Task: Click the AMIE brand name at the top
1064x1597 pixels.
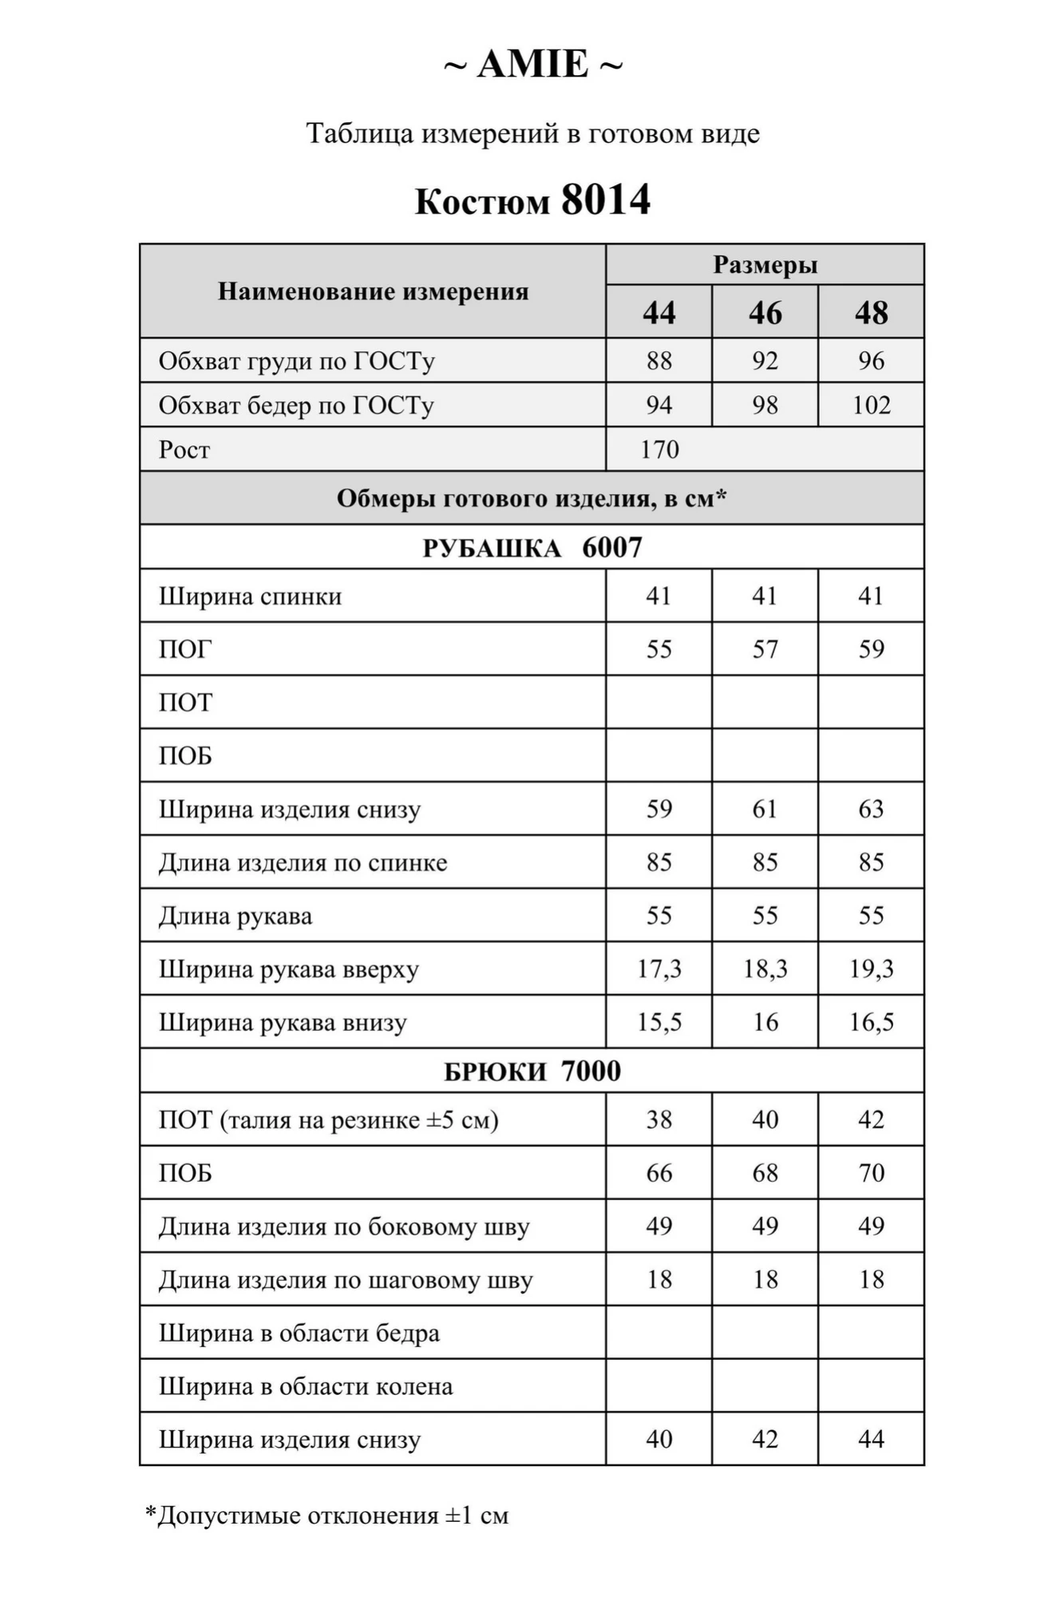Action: point(532,65)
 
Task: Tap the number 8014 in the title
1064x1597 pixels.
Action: point(606,200)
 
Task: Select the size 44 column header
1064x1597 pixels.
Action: point(659,312)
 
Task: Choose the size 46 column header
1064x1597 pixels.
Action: point(765,312)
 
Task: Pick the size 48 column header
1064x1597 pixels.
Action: point(871,312)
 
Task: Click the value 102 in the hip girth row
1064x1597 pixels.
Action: point(871,405)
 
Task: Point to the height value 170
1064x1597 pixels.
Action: point(659,450)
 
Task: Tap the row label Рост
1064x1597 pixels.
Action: point(184,450)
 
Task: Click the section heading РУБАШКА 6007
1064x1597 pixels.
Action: point(532,548)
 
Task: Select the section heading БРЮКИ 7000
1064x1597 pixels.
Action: point(532,1071)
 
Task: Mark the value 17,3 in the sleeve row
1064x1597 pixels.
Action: point(659,969)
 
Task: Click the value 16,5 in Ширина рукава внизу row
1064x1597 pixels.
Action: point(871,1022)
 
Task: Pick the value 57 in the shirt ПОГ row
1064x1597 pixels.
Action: point(765,649)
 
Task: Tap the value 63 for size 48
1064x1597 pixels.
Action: point(871,809)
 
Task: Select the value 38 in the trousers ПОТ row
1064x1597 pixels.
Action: point(659,1119)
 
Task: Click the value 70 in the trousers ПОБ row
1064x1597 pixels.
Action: point(871,1173)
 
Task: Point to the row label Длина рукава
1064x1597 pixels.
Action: point(235,916)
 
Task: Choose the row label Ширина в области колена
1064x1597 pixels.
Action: point(306,1386)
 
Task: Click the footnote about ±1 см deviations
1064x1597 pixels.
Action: point(326,1516)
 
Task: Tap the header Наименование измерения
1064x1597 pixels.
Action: point(373,291)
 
